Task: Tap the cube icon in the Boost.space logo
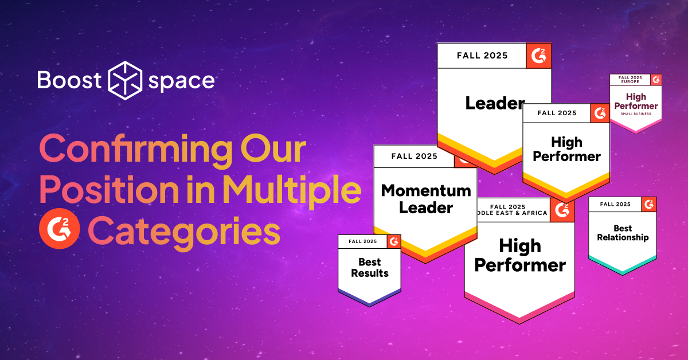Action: click(125, 80)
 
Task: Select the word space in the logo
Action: click(181, 81)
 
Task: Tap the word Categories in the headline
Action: click(184, 232)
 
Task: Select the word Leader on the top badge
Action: click(494, 103)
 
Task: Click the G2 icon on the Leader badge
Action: click(539, 56)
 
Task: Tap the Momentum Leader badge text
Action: click(425, 198)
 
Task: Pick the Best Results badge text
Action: click(369, 268)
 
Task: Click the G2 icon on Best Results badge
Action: click(394, 242)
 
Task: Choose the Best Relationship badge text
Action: click(623, 233)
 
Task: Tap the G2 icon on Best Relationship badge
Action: click(649, 204)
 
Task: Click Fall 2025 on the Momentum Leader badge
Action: click(414, 156)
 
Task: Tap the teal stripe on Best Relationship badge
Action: click(623, 265)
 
